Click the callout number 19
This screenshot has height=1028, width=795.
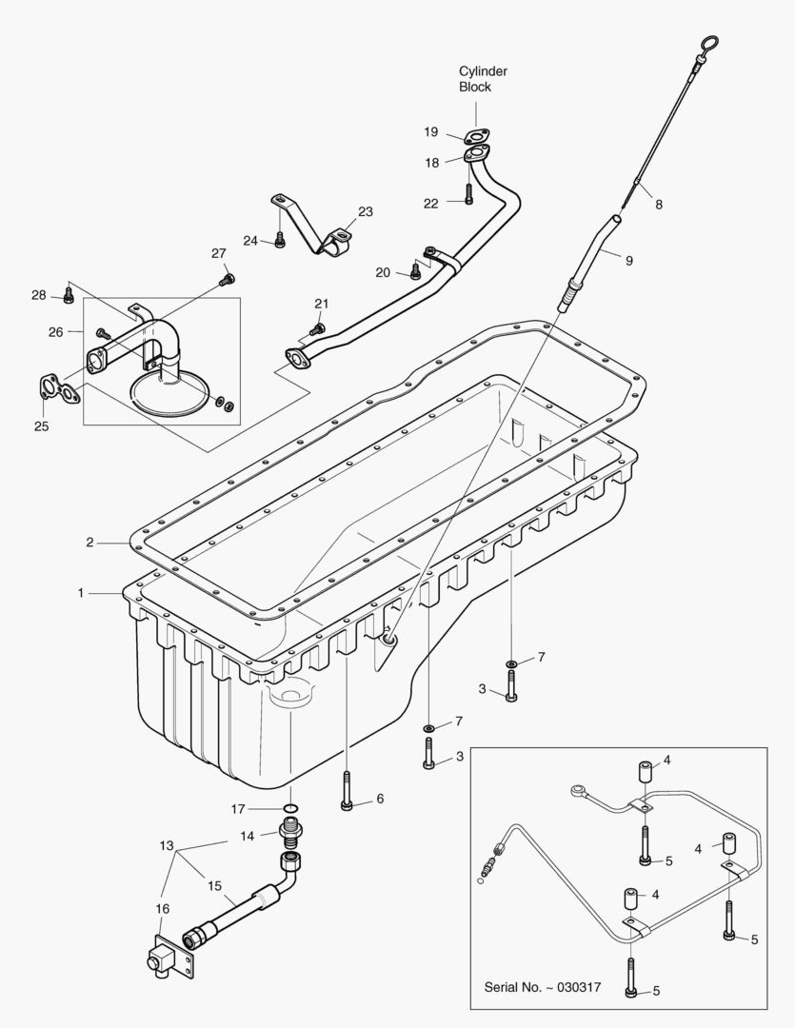(x=430, y=131)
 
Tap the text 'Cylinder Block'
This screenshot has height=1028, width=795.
(x=483, y=79)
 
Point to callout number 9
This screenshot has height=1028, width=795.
(x=628, y=258)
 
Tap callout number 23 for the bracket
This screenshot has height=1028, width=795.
(x=366, y=211)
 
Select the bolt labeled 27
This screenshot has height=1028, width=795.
(x=227, y=279)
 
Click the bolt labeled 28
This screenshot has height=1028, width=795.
(x=69, y=296)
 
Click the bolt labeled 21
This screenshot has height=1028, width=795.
(x=317, y=328)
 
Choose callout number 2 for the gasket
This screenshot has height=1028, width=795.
(x=89, y=543)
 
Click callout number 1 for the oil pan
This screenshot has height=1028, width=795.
(x=82, y=592)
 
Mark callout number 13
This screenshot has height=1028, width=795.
(x=167, y=845)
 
